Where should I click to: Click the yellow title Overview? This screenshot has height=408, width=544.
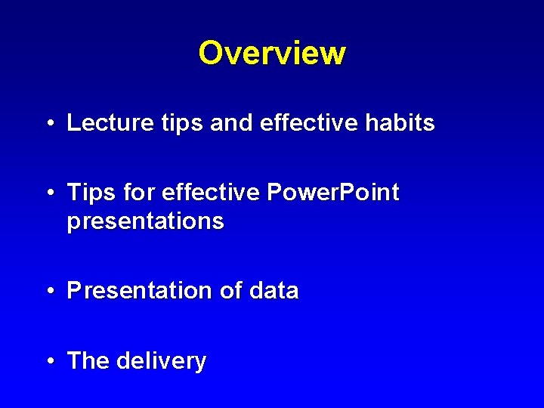(272, 54)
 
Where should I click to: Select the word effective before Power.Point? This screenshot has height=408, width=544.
(211, 193)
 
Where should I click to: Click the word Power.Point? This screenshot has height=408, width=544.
(333, 193)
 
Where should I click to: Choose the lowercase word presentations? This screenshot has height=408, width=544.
(145, 222)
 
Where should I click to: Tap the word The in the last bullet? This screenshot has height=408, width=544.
(88, 361)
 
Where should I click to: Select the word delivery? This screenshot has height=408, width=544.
(162, 362)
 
